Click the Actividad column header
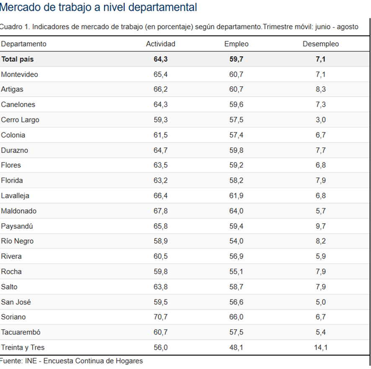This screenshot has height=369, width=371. [x=160, y=44]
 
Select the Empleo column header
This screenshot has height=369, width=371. [x=236, y=44]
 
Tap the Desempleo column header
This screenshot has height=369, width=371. [x=321, y=44]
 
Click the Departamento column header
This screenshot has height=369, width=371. [x=23, y=44]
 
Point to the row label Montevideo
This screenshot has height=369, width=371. [x=19, y=75]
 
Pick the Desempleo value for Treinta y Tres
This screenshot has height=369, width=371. [x=321, y=348]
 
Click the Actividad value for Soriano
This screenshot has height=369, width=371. [x=160, y=317]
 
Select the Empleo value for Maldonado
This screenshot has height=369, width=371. [x=236, y=211]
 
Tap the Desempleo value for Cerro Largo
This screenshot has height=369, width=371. [x=321, y=120]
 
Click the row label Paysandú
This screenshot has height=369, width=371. [x=17, y=226]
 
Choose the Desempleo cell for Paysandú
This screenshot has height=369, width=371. [x=321, y=226]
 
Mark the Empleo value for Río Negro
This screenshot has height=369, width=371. [x=236, y=241]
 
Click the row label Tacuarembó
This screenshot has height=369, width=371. [x=21, y=332]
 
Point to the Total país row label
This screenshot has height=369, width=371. [x=17, y=59]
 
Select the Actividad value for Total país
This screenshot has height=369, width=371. [x=160, y=59]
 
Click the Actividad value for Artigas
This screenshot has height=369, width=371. [x=160, y=90]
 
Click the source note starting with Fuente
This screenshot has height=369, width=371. [x=71, y=361]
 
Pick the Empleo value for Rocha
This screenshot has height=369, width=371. [x=236, y=271]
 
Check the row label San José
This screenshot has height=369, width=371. [x=16, y=302]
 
